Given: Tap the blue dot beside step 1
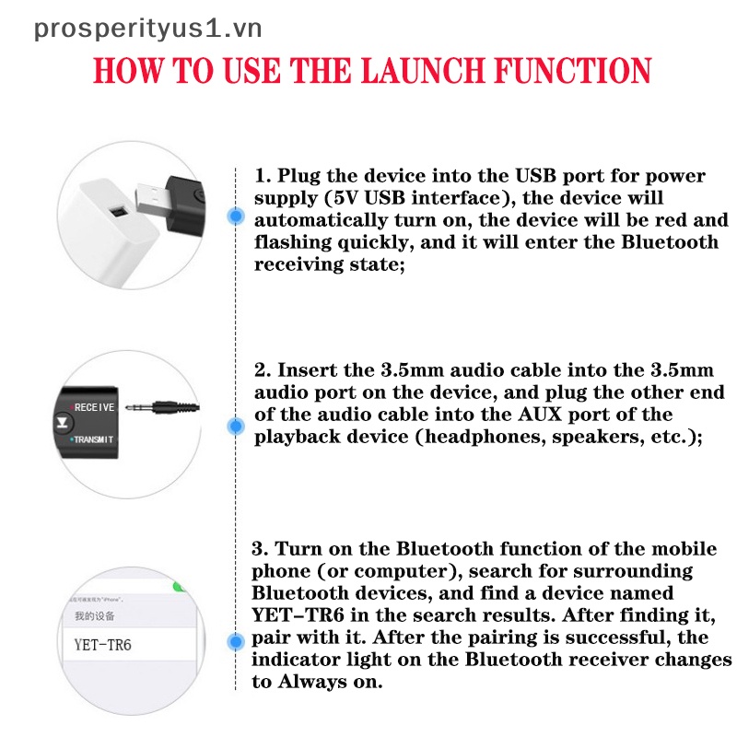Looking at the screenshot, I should [x=236, y=216].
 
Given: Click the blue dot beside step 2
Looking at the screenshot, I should [x=236, y=426].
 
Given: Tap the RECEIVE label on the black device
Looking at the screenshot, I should [x=94, y=406].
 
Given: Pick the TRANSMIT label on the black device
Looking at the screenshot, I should [x=94, y=439].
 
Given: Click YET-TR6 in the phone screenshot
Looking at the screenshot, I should [x=102, y=645].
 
